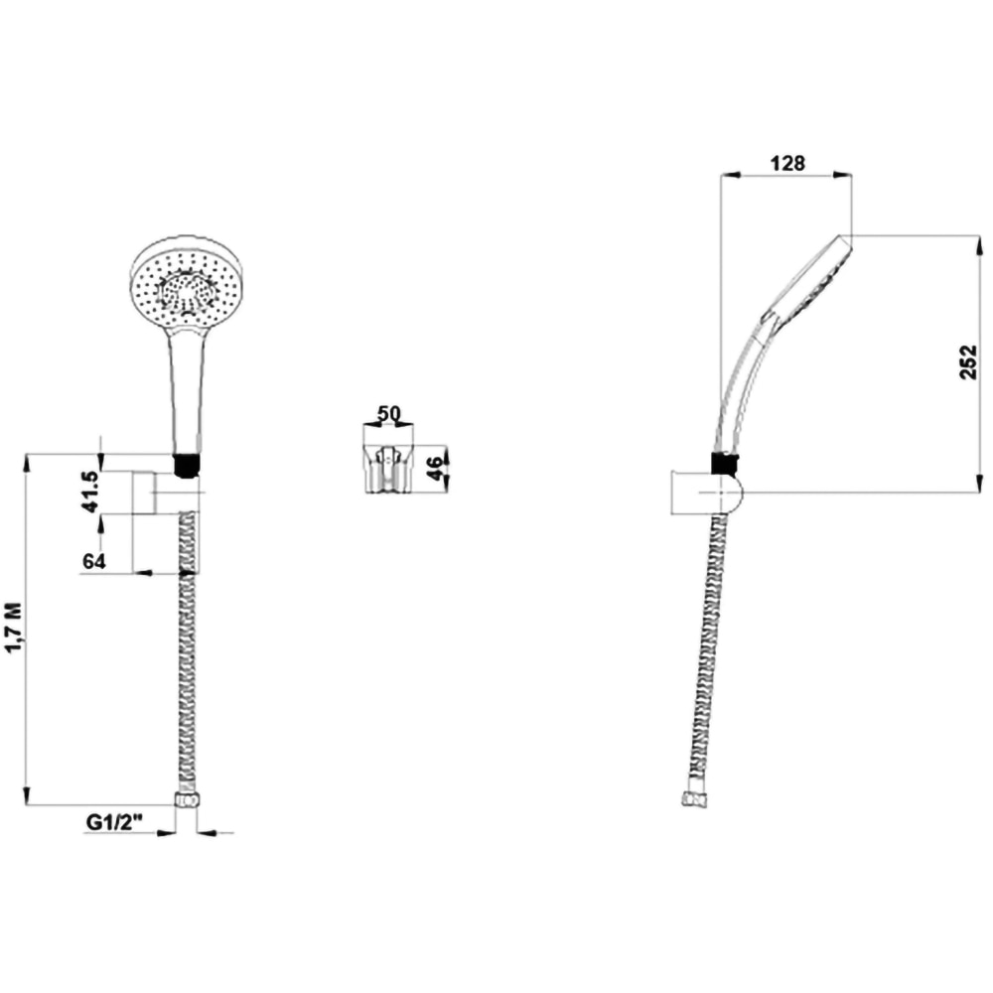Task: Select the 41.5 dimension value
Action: point(90,492)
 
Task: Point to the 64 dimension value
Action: point(94,561)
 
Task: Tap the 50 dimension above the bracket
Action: point(388,413)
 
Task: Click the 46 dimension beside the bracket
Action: point(434,468)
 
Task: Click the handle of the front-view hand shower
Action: point(188,387)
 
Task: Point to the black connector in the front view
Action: point(187,464)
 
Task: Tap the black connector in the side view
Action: point(725,462)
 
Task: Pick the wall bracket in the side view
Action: point(705,493)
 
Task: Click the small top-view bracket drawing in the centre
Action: point(387,470)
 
